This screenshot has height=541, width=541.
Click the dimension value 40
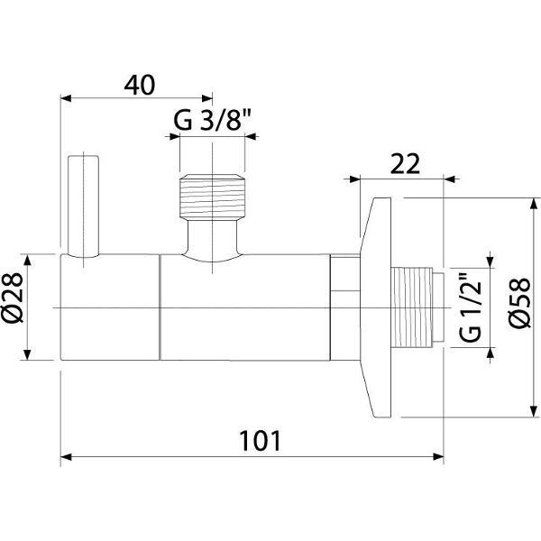(140, 86)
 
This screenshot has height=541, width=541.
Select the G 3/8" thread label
(212, 120)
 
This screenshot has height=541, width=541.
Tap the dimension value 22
(405, 164)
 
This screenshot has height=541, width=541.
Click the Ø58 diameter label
(520, 302)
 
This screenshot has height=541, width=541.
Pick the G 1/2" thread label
(471, 307)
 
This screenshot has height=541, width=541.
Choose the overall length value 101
(261, 441)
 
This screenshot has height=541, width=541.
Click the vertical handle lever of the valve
(84, 206)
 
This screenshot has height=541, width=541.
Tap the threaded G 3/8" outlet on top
(212, 197)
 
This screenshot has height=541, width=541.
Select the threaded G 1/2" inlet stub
(417, 307)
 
